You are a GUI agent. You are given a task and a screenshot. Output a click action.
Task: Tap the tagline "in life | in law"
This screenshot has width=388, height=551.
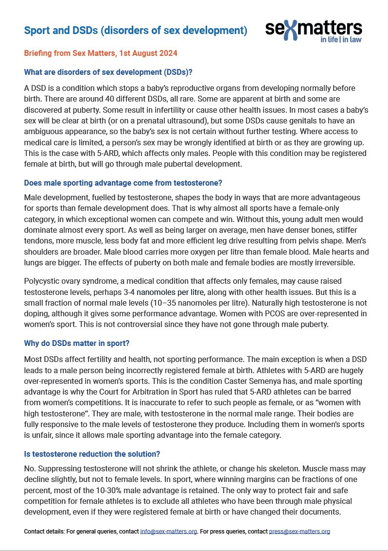[341, 40]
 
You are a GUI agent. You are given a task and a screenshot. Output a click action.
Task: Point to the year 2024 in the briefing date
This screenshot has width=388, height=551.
[166, 52]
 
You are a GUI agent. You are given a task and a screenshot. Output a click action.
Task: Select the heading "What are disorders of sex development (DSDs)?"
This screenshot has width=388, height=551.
[108, 72]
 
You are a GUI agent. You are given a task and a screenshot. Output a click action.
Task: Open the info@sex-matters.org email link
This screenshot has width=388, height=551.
[169, 532]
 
